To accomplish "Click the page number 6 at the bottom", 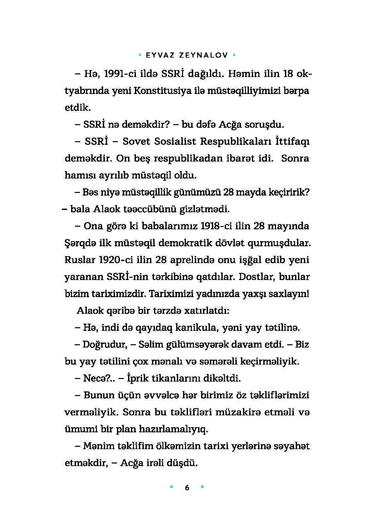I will tap(187, 488).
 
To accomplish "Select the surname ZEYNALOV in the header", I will tap(203, 55).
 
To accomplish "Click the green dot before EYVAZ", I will tap(140, 55).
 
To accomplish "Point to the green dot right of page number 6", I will tap(202, 487).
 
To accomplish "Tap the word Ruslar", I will tap(79, 260).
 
